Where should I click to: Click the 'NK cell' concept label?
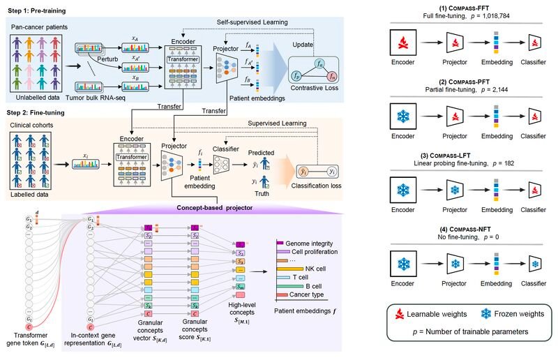click(315, 267)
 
